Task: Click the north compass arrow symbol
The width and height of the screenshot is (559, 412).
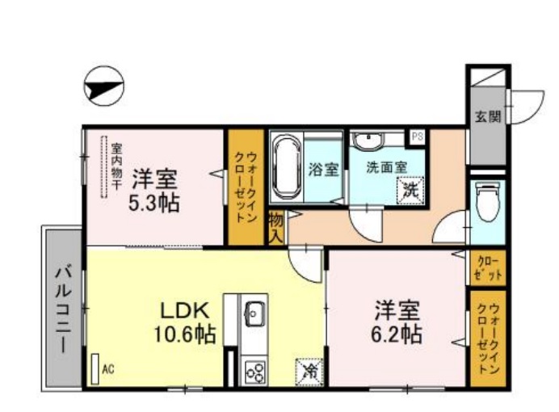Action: pos(103,86)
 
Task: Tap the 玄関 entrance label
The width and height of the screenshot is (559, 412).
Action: pos(487,116)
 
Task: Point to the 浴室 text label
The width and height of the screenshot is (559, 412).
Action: pos(326,170)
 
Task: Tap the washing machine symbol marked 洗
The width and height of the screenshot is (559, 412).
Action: pos(410,191)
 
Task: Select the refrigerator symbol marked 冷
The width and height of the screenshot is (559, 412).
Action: pos(309,372)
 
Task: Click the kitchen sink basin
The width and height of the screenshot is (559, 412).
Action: pos(254,312)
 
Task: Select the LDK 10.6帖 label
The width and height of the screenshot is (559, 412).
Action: pos(187,322)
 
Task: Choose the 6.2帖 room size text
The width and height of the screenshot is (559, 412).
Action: pos(396,333)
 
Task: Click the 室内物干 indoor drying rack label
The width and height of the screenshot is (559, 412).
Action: pos(116,167)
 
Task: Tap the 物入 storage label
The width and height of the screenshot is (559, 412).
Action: pos(275,227)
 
